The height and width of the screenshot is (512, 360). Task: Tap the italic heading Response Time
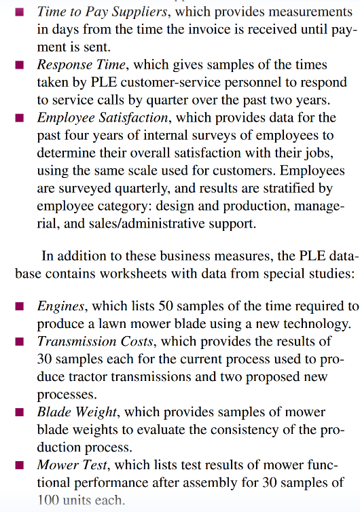81,65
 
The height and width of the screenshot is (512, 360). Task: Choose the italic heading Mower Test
71,465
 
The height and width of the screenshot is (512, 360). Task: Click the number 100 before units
48,500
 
